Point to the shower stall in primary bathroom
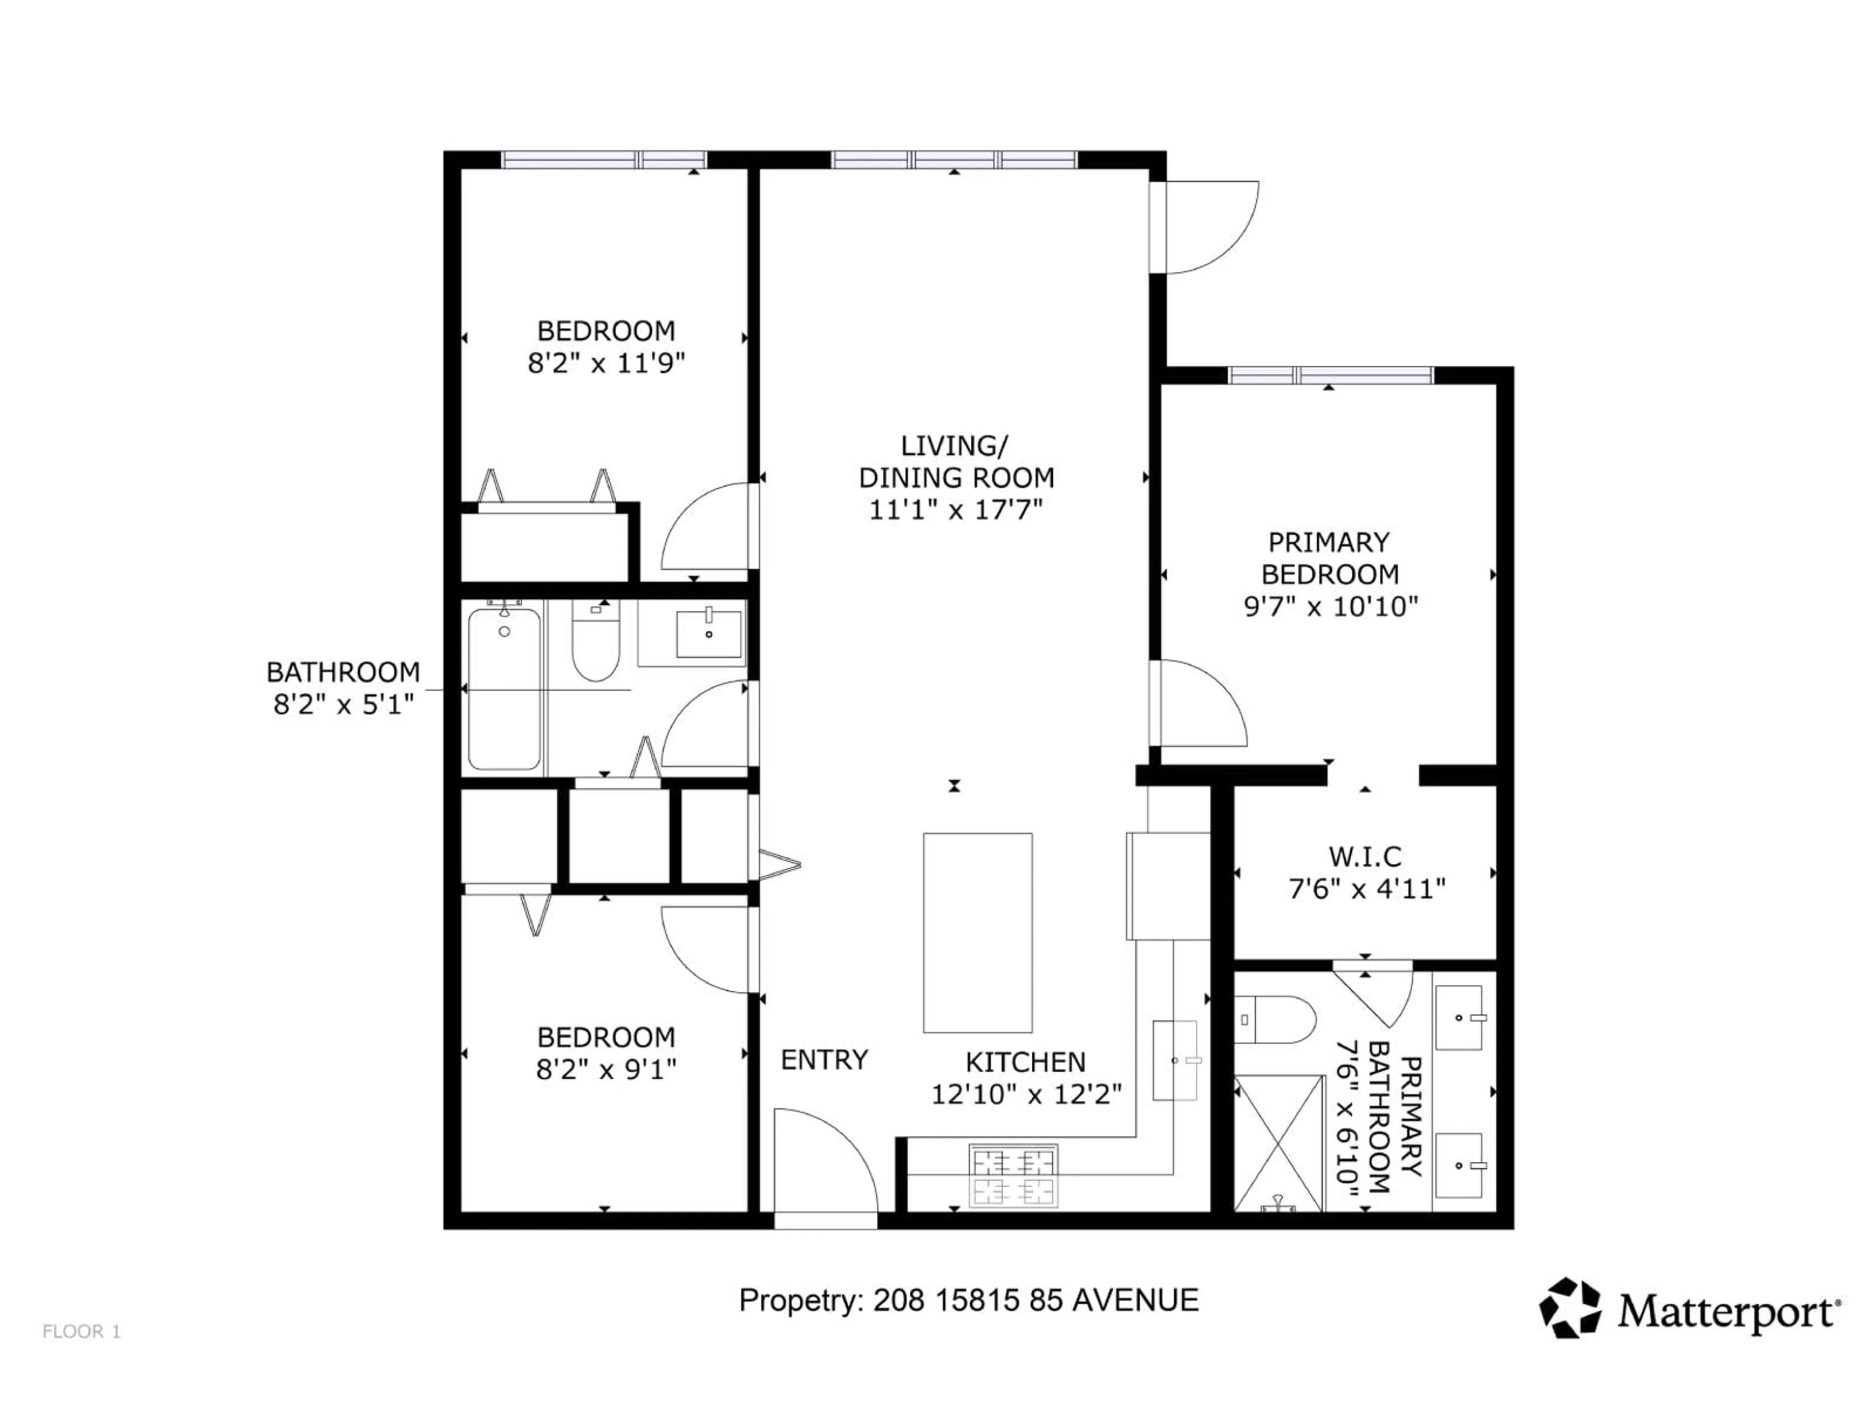point(1278,1142)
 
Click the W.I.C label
point(1364,856)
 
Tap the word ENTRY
point(824,1060)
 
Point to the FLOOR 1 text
point(82,1331)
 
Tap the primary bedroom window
point(1330,375)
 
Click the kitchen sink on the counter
point(1174,1060)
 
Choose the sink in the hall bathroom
point(708,634)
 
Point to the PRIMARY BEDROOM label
point(1329,558)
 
